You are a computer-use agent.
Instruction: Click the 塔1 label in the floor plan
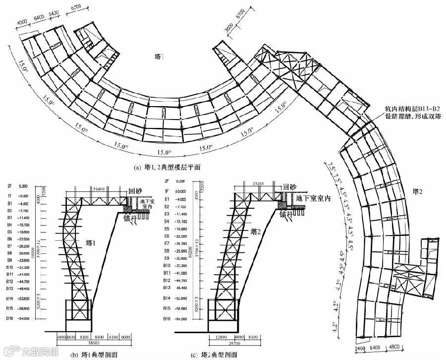click(159, 58)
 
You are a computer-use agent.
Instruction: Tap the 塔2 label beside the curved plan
click(419, 190)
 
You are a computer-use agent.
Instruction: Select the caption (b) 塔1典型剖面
click(95, 354)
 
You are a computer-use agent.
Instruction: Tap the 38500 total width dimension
click(95, 343)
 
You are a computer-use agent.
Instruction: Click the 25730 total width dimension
click(229, 343)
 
